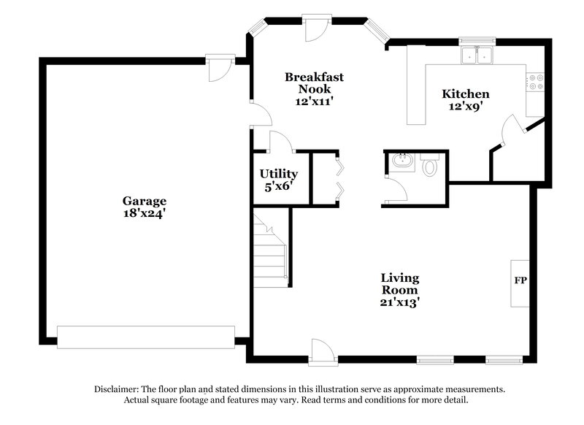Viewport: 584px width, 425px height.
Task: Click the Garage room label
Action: [x=144, y=201]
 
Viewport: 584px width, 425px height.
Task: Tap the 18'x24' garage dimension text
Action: [x=144, y=214]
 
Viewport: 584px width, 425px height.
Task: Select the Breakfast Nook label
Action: [x=314, y=83]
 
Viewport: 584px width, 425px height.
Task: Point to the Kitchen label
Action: [x=465, y=94]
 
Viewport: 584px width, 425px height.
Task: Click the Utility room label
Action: [x=279, y=174]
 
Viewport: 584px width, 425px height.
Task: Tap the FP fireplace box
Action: [x=520, y=280]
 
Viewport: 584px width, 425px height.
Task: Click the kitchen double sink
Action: [x=477, y=55]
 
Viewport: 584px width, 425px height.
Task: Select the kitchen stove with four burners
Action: [x=535, y=82]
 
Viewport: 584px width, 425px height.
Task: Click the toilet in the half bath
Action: [x=430, y=167]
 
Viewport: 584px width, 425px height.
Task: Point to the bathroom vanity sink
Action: [x=400, y=161]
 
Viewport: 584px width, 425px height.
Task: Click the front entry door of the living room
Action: [x=322, y=351]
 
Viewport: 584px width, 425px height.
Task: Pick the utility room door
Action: [x=281, y=142]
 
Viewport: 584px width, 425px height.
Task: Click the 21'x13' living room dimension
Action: [x=399, y=300]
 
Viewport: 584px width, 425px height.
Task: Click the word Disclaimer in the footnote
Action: [x=120, y=389]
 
